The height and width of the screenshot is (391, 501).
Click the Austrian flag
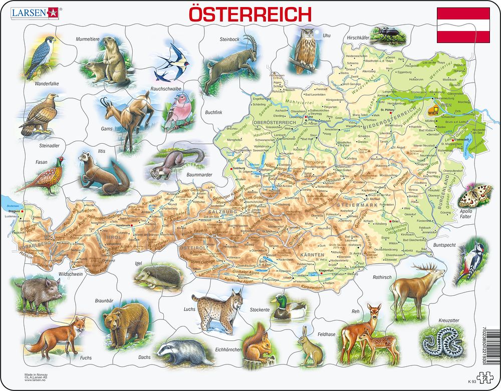[463, 25]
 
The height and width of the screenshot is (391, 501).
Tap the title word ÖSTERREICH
[249, 13]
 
